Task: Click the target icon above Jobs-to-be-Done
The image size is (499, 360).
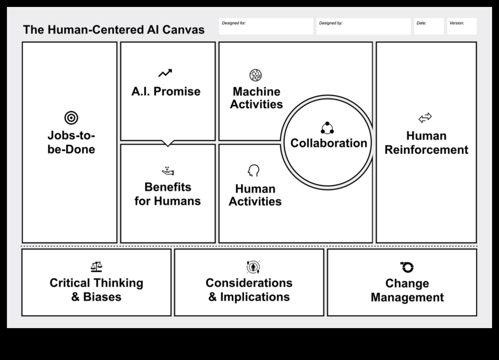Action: (x=71, y=118)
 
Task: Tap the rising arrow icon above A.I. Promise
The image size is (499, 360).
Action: (x=165, y=73)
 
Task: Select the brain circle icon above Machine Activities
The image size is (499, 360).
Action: (x=255, y=75)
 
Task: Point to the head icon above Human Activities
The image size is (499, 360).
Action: (x=254, y=170)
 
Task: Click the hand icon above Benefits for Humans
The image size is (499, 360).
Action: (x=168, y=171)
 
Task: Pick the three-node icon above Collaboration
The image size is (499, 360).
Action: (x=327, y=128)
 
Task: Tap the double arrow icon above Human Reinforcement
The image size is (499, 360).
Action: (x=425, y=118)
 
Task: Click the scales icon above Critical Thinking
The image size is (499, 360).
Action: (x=96, y=266)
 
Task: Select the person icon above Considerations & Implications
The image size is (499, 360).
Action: (x=253, y=267)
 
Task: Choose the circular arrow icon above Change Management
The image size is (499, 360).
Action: (x=407, y=267)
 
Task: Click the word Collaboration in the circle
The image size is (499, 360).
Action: (x=329, y=143)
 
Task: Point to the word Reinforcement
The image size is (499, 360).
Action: (x=426, y=150)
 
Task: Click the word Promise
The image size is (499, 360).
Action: (x=177, y=91)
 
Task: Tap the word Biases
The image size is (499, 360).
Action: (x=102, y=297)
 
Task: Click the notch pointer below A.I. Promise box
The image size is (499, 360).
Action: (x=168, y=143)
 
